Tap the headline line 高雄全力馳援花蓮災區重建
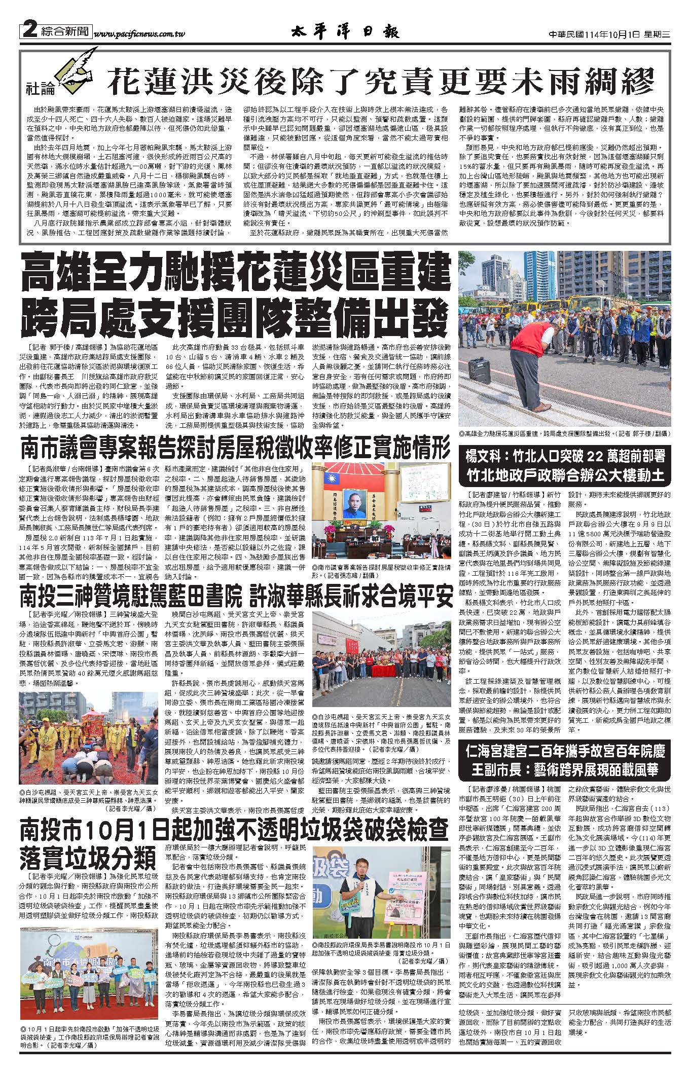(235, 274)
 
